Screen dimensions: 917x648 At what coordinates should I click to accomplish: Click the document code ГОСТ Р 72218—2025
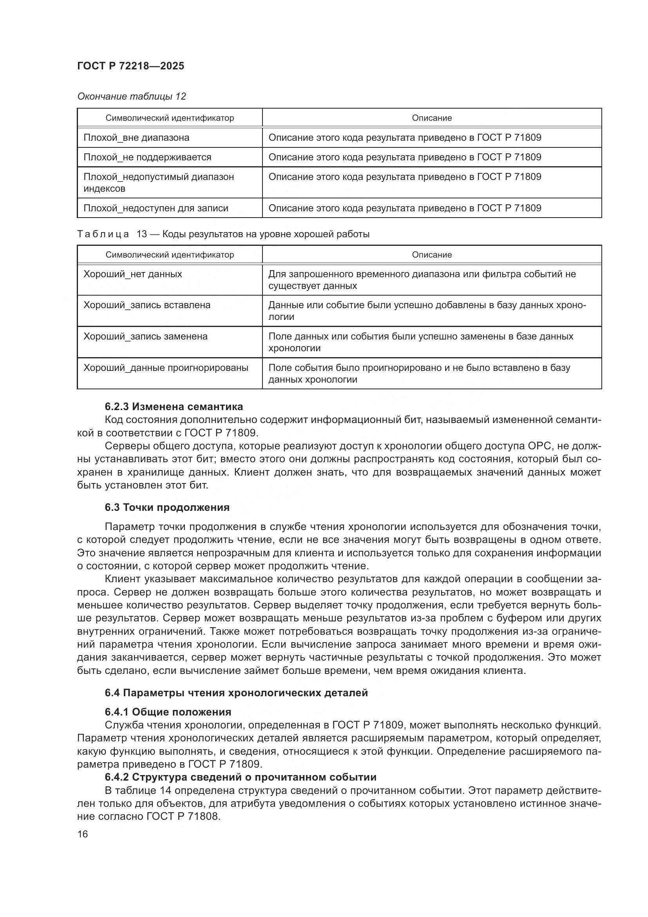point(130,66)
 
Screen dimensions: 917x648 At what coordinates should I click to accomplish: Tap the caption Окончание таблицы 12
point(132,96)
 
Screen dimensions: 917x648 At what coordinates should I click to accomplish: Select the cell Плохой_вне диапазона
point(136,138)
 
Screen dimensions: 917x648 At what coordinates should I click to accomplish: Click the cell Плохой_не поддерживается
point(147,157)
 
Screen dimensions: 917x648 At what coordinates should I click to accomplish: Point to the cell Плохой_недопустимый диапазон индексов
point(158,183)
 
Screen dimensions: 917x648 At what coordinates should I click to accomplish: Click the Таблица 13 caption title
point(223,234)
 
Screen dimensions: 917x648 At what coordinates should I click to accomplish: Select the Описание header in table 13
point(432,255)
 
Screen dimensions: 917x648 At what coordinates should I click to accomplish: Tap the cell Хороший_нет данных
point(132,274)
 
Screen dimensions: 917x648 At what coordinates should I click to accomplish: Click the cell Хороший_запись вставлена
point(147,305)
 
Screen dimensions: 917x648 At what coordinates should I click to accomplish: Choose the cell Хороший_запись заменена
point(145,336)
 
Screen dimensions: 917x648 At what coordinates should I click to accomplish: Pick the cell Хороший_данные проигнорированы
point(166,367)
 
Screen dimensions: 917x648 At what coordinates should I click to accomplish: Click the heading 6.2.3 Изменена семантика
point(174,407)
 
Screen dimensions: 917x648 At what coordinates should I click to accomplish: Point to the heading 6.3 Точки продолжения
point(167,507)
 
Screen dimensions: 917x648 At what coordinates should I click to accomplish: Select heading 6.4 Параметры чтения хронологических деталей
point(236,692)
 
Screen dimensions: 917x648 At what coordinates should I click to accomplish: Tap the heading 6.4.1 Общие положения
point(168,712)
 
